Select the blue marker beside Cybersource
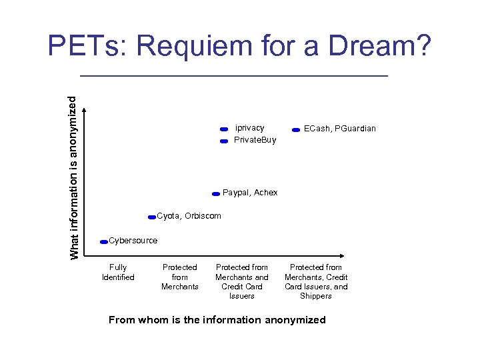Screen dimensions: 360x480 point(103,242)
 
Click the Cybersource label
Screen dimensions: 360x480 point(133,241)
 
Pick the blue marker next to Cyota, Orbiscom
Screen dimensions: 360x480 point(152,217)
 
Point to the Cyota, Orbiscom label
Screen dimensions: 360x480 point(189,216)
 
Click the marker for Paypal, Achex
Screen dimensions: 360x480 point(215,194)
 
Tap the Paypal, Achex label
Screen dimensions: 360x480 point(250,193)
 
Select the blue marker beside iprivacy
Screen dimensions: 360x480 point(224,129)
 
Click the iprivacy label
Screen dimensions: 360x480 point(249,128)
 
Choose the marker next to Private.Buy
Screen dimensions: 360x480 point(224,141)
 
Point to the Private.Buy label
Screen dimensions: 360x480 point(255,140)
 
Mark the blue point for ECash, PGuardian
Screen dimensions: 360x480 point(295,131)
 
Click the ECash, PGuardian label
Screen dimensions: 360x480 point(339,129)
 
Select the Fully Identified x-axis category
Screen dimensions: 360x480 point(118,272)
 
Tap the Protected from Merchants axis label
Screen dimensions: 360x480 point(180,277)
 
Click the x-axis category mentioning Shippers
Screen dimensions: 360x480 point(316,281)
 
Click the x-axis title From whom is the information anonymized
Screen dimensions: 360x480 point(217,320)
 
